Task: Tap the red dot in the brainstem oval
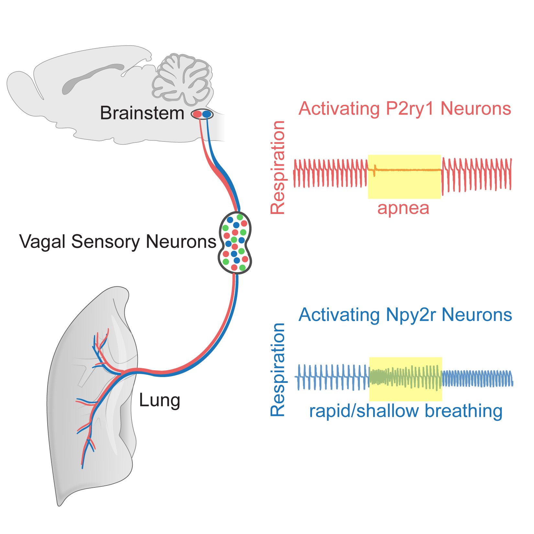(197, 114)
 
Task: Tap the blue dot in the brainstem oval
(206, 114)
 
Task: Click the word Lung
(159, 400)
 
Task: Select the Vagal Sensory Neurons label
(117, 241)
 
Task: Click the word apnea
(403, 208)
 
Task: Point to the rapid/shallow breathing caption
(406, 411)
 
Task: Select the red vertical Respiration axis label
(278, 167)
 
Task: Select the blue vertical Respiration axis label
(278, 370)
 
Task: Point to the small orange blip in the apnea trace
(374, 170)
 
